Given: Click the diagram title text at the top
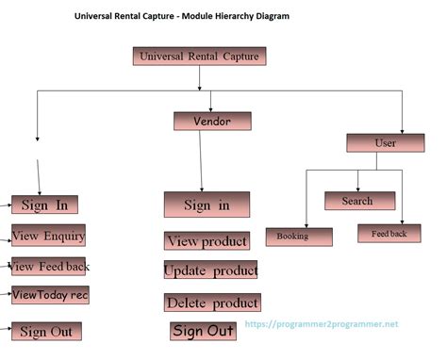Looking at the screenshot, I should pyautogui.click(x=182, y=16).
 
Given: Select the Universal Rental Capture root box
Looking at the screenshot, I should pyautogui.click(x=199, y=57).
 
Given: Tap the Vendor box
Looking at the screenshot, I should pyautogui.click(x=212, y=121).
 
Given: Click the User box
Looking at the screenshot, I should pyautogui.click(x=385, y=142).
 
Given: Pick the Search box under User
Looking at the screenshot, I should pyautogui.click(x=356, y=201).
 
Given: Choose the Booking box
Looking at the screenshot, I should pyautogui.click(x=299, y=237).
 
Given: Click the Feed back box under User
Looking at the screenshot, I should pyautogui.click(x=389, y=233).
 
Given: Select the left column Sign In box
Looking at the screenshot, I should pyautogui.click(x=44, y=205).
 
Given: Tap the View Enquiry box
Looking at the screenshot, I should pyautogui.click(x=48, y=236).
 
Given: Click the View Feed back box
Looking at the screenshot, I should pyautogui.click(x=50, y=266).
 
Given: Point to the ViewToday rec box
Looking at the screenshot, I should pyautogui.click(x=50, y=295).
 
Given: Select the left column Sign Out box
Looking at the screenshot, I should pyautogui.click(x=46, y=331).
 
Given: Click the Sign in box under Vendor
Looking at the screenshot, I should pyautogui.click(x=207, y=205).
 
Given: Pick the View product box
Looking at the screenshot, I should pyautogui.click(x=207, y=241).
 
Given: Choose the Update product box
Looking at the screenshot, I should pyautogui.click(x=210, y=270).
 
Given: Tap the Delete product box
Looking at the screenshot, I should pyautogui.click(x=211, y=303).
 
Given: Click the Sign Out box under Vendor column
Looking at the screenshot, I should pyautogui.click(x=203, y=331).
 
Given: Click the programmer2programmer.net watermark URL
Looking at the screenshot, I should pyautogui.click(x=322, y=324).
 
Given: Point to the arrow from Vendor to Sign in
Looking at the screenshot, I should pyautogui.click(x=201, y=160).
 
